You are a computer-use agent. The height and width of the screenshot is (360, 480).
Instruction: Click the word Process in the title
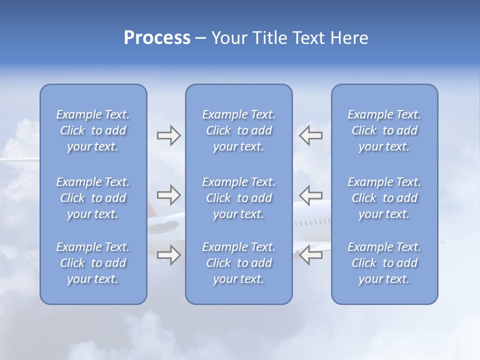pos(157,38)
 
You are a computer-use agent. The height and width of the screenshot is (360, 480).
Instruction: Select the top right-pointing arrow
pos(168,135)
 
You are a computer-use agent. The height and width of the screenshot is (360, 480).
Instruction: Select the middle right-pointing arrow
pos(168,195)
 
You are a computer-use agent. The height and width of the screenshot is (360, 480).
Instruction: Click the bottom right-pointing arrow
pos(168,255)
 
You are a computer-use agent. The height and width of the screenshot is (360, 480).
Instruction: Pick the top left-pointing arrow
pos(310,135)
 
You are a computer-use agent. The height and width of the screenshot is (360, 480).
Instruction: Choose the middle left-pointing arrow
pos(310,195)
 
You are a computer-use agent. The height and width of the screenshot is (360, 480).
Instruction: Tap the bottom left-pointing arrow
pos(310,255)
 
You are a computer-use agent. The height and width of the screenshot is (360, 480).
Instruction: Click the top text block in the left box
pos(93,130)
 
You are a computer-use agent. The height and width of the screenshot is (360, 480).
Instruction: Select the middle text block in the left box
pos(93,198)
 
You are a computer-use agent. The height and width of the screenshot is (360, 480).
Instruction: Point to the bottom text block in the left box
pos(93,263)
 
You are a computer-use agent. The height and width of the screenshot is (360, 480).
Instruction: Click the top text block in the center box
pos(238,130)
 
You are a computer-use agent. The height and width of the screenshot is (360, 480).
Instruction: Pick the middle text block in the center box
pos(238,198)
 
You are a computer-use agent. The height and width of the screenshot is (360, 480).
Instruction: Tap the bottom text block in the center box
pos(238,263)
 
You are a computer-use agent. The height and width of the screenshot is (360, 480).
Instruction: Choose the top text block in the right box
pos(384,130)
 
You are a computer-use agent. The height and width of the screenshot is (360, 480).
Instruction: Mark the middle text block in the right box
pos(384,198)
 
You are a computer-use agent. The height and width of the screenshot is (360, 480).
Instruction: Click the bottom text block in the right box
pos(384,263)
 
